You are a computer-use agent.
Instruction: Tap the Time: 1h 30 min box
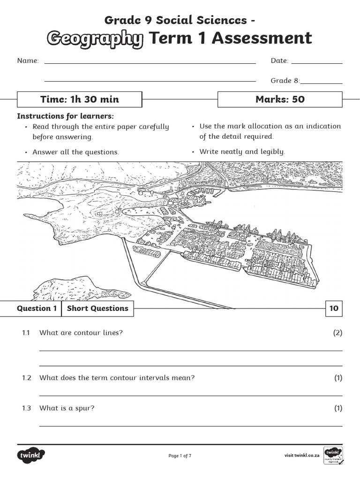(x=79, y=99)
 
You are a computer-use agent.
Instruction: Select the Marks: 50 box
(x=280, y=99)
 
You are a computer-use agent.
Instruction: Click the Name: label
(x=28, y=61)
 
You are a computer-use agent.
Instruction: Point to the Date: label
(x=279, y=61)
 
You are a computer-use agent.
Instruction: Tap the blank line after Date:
(x=317, y=62)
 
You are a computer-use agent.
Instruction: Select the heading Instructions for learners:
(x=66, y=116)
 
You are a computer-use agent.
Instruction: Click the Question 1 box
(x=37, y=308)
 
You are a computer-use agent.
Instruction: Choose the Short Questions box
(x=97, y=308)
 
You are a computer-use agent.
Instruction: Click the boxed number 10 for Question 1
(x=334, y=308)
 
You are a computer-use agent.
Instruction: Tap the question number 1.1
(x=26, y=333)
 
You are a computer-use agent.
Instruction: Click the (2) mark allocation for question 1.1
(x=338, y=333)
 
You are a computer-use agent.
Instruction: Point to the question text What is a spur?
(x=67, y=408)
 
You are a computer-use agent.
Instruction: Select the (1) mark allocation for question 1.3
(x=338, y=408)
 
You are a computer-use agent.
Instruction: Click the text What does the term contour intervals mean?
(x=117, y=378)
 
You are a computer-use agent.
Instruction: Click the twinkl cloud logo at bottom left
(x=31, y=455)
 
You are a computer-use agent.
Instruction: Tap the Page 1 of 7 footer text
(x=180, y=456)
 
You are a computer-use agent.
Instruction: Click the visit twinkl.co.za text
(x=302, y=456)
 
